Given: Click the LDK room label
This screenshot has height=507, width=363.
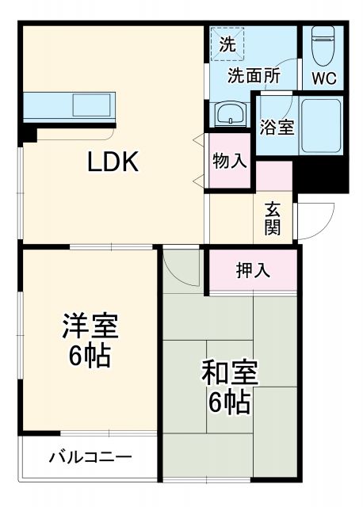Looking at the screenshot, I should coord(113,162).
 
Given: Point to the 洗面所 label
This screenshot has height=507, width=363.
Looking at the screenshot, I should coord(254,77).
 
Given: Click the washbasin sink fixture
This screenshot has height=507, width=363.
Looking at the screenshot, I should coord(229,113).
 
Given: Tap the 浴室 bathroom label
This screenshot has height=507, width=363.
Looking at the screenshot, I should coord(277,127).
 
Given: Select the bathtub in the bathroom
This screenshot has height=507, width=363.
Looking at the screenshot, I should coord(321,127).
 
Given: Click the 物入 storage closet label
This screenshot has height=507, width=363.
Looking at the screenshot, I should coord(230,161).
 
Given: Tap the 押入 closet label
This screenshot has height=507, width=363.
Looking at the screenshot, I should coord(254,270).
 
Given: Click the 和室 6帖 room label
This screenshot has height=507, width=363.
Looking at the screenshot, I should coord(229,387).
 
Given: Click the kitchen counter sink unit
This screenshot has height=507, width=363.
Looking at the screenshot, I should coord(70,105).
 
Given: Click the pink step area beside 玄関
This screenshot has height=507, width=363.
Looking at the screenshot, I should coord(274,176).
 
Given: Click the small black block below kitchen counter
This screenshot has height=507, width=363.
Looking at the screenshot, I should coord(30,132).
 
